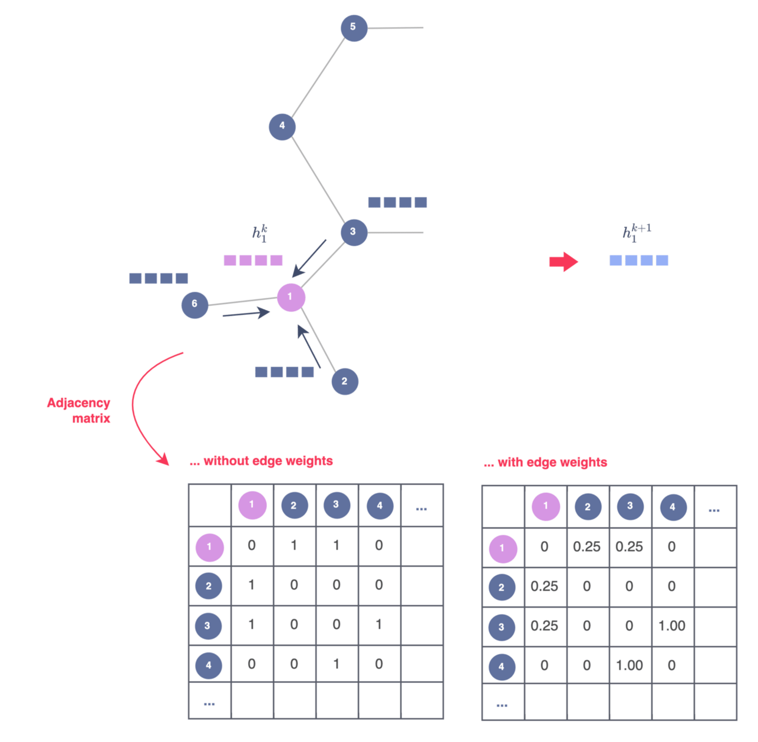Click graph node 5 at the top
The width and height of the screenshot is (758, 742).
[354, 28]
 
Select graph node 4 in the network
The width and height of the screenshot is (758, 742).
[282, 126]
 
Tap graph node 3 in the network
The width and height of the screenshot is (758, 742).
[353, 232]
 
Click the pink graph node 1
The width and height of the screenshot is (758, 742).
[291, 297]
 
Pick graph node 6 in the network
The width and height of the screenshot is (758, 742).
[195, 305]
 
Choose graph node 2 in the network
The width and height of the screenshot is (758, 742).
[345, 381]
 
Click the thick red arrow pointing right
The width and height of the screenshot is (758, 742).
[563, 261]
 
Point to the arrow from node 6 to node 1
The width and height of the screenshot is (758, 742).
[246, 314]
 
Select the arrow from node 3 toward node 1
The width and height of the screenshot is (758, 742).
[309, 258]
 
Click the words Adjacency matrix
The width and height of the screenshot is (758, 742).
[80, 410]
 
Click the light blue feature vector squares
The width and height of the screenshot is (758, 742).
[639, 260]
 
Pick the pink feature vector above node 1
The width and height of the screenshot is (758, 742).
[253, 260]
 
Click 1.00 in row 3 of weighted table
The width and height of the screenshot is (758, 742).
[671, 626]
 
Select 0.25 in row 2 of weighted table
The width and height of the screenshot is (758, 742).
[544, 586]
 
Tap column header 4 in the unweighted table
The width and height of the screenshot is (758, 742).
[380, 506]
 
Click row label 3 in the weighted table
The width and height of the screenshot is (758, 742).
[502, 627]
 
